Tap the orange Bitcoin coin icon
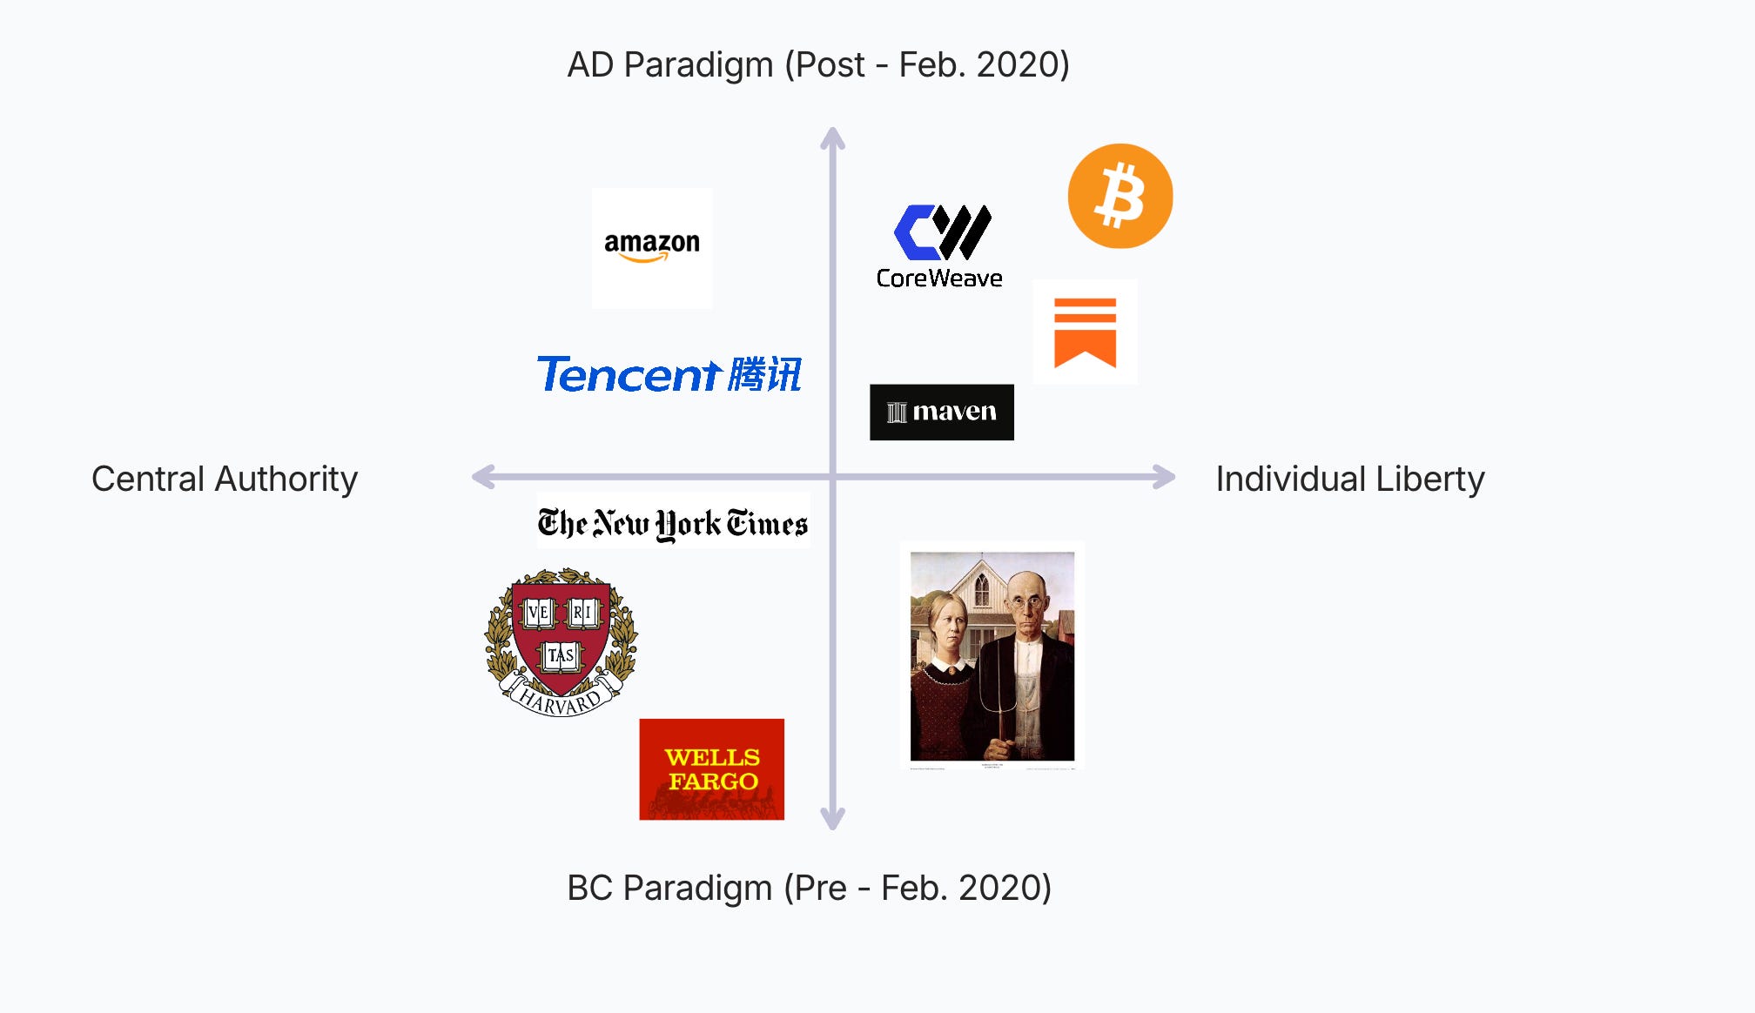1120,196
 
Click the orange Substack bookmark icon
1085,332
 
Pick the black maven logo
942,412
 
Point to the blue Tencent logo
669,375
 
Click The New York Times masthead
673,523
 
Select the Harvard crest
561,642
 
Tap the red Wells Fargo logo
711,769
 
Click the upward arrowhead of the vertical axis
833,138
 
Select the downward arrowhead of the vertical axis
833,819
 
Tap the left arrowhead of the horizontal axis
482,477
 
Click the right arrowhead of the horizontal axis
1165,477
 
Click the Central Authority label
225,479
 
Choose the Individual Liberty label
1349,479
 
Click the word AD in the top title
590,65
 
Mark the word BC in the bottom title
589,889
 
